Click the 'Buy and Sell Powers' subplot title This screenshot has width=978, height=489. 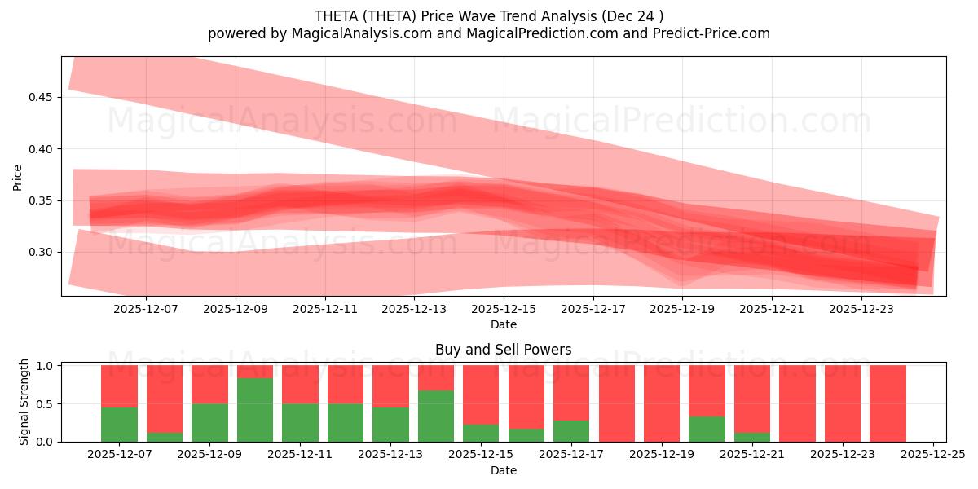(503, 350)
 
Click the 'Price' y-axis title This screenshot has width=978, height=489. (18, 176)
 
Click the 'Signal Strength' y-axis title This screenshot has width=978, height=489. (24, 402)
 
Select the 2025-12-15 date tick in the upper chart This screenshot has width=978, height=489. (504, 309)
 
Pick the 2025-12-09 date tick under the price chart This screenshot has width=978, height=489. (236, 309)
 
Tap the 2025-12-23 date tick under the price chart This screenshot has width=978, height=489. (861, 309)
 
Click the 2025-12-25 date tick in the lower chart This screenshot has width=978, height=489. (933, 455)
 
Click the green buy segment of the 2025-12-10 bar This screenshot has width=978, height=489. (255, 410)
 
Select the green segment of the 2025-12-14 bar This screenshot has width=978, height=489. (436, 416)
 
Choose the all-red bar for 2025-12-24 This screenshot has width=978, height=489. (888, 403)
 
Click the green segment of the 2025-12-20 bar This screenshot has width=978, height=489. (707, 430)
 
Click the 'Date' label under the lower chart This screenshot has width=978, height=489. (503, 470)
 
